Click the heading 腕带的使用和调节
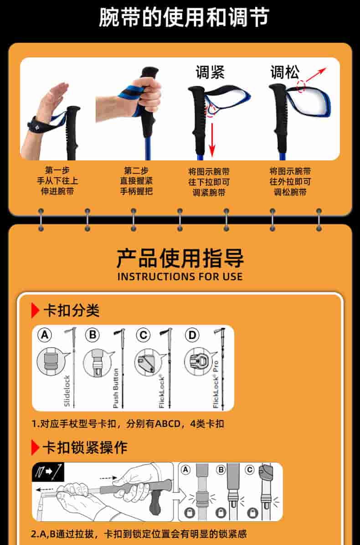pos(184,17)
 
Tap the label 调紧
pos(210,72)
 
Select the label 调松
pos(285,72)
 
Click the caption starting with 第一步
pos(57,181)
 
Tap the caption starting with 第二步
pos(136,181)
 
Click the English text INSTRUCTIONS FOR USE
pos(180,277)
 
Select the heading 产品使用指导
pos(180,258)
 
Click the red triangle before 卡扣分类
pos(35,310)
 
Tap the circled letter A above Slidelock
pos(45,335)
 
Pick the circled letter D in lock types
pos(192,335)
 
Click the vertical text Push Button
pos(116,388)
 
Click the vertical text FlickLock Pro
pos(216,384)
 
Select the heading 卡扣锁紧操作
pos(85,447)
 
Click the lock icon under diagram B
pos(221,512)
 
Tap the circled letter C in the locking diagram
pos(250,470)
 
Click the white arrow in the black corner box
pos(49,472)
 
